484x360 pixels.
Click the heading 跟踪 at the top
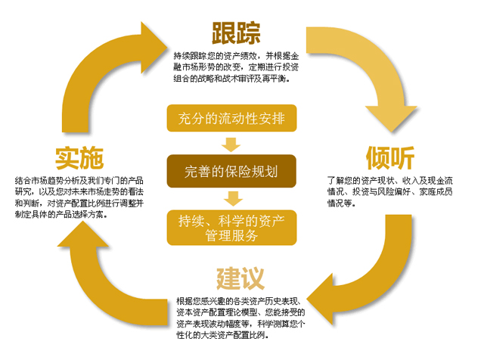[236, 33]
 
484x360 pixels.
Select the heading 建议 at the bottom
[240, 278]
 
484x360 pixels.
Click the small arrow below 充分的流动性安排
[232, 144]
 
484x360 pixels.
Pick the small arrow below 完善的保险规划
[232, 198]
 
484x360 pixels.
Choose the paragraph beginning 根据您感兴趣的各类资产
[240, 317]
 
